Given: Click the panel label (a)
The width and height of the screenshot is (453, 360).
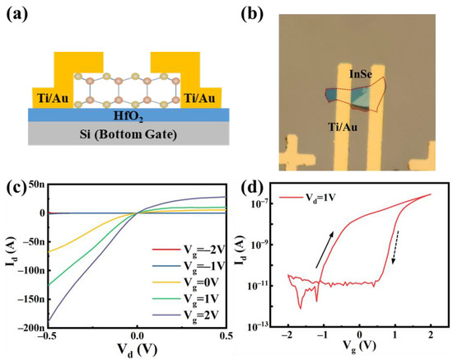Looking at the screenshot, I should click(x=20, y=13).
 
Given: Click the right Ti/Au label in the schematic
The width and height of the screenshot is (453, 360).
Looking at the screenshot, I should click(x=202, y=98).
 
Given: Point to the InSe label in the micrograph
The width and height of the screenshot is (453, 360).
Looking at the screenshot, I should click(x=359, y=75).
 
